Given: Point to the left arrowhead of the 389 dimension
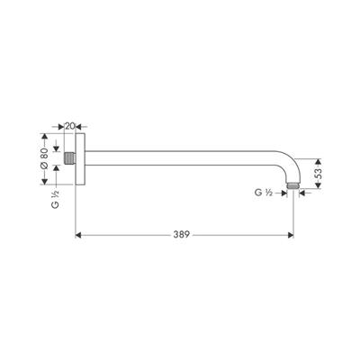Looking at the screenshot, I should (x=77, y=235).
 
